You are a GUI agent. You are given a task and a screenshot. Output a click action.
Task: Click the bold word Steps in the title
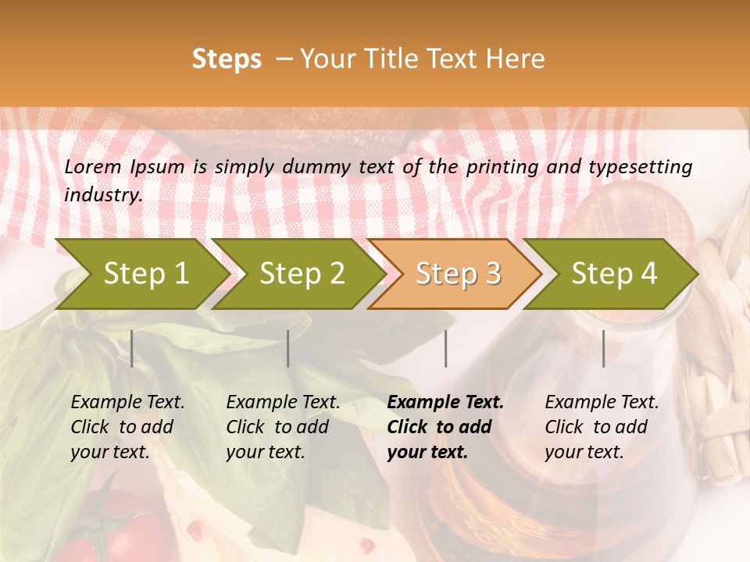click(x=227, y=59)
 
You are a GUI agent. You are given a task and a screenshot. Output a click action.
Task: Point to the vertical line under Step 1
click(x=132, y=348)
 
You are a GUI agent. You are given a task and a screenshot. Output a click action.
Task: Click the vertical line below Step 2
click(x=288, y=348)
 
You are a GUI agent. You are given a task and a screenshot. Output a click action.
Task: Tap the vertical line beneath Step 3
click(x=445, y=348)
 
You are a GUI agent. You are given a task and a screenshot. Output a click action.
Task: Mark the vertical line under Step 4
click(x=603, y=348)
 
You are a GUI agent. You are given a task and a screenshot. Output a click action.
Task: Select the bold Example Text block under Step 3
click(x=445, y=427)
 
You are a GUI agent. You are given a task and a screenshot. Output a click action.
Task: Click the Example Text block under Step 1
click(x=127, y=427)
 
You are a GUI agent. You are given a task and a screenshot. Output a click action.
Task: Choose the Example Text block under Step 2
click(x=283, y=427)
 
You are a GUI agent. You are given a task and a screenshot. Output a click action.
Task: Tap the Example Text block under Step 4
click(x=602, y=427)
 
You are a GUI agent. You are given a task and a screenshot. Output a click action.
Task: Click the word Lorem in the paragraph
click(x=93, y=167)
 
